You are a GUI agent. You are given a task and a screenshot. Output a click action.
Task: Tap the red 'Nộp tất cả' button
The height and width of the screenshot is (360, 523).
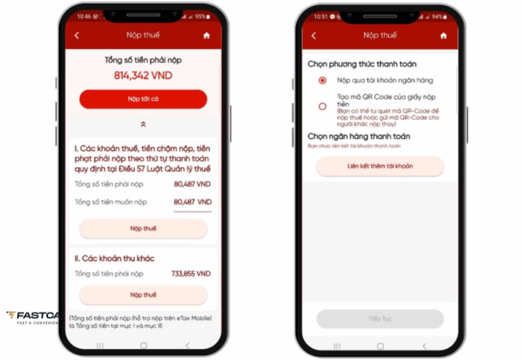[143, 99]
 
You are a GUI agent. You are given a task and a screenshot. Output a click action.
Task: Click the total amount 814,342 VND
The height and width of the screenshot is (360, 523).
[143, 75]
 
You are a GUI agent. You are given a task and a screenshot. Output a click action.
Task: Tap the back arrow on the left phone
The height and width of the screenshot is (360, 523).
[77, 35]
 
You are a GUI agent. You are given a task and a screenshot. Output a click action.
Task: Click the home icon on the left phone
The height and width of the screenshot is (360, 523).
[206, 35]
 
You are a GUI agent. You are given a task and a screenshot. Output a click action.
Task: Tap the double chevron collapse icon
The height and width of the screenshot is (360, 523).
[143, 124]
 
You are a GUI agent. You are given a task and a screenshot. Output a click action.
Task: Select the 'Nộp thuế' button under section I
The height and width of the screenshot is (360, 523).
[143, 229]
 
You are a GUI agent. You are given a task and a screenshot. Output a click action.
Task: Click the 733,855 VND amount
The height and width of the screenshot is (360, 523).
[191, 273]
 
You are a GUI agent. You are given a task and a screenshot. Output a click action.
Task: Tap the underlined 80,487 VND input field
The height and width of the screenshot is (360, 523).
[193, 202]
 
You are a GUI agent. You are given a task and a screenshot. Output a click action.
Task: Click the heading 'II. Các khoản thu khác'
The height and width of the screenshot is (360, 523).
[114, 258]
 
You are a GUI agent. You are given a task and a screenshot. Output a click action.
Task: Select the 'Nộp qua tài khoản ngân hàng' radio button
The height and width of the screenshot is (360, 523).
[323, 80]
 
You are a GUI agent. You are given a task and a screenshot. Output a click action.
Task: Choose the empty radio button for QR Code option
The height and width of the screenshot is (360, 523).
[323, 106]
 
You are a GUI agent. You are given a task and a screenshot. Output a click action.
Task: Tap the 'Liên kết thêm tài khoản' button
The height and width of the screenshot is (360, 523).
[380, 166]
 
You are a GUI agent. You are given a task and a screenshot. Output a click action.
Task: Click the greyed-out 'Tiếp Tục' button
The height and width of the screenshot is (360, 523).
[380, 319]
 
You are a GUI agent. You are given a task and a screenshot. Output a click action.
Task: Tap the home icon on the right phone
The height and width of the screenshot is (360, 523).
[443, 35]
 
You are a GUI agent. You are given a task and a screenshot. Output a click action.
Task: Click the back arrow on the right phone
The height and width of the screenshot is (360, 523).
[314, 35]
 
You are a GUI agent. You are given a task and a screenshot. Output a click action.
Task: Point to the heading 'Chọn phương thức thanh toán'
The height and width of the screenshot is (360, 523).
[362, 64]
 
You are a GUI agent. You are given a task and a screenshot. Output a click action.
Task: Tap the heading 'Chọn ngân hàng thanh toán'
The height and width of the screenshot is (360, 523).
[359, 136]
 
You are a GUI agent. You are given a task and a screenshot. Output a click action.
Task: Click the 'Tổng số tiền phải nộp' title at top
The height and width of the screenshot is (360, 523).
[143, 60]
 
